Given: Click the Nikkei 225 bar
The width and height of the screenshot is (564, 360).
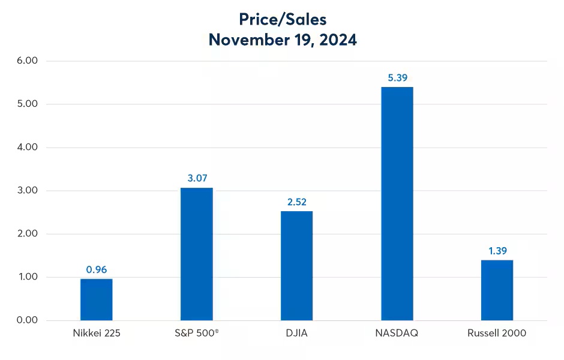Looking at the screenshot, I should tap(96, 299).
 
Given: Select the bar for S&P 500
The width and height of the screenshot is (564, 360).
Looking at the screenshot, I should tap(196, 254).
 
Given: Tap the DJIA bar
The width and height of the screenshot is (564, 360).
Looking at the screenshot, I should tap(296, 266).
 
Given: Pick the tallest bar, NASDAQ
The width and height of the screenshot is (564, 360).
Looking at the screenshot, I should tap(397, 203).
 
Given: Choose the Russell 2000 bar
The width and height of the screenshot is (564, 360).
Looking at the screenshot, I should tap(497, 290).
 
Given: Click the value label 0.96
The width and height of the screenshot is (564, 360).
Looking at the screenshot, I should tap(96, 269).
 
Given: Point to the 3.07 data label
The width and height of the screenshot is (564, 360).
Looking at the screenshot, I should tap(196, 178).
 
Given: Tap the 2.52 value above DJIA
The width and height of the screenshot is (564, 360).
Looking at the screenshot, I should tap(296, 202).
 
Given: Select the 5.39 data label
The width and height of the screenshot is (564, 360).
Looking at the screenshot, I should tap(397, 77).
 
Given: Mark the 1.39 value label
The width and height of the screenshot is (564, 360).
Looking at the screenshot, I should tap(497, 250).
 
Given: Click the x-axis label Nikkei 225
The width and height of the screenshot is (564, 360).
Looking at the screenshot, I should tap(96, 333).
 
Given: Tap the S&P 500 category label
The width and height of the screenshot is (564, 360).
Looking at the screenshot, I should tap(196, 333).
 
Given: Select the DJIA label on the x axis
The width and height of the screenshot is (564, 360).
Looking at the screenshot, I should tap(296, 333).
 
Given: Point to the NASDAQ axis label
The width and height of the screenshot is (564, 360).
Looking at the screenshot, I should tap(397, 333).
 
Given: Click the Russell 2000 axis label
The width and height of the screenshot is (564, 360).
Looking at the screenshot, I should tap(497, 333).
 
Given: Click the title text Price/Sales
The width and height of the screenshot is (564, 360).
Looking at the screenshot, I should tap(282, 19).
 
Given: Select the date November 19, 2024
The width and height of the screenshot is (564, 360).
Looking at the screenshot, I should tap(282, 40).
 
